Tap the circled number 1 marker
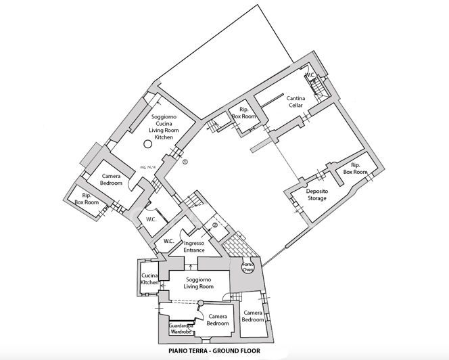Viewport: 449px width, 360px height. click(x=185, y=161)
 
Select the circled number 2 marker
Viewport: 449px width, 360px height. click(x=215, y=225)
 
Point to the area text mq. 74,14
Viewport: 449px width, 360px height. click(x=147, y=166)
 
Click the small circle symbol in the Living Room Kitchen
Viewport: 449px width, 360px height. click(x=147, y=143)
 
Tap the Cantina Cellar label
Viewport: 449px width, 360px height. click(x=296, y=102)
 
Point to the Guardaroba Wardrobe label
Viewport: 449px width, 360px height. click(x=181, y=329)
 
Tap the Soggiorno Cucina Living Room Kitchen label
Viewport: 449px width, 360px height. click(x=165, y=127)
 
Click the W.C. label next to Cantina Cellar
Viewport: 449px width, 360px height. click(x=311, y=75)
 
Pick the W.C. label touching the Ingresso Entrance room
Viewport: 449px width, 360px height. click(x=169, y=242)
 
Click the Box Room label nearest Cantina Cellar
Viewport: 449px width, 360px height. click(x=243, y=114)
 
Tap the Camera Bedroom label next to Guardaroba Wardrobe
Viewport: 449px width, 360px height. click(x=217, y=320)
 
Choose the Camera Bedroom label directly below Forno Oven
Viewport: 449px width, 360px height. click(x=253, y=316)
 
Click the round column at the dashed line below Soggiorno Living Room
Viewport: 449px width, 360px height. click(x=199, y=302)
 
